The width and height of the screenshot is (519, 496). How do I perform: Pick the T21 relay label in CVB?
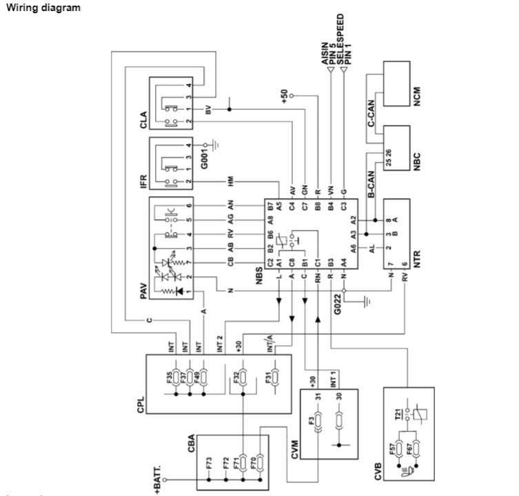click(x=398, y=414)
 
